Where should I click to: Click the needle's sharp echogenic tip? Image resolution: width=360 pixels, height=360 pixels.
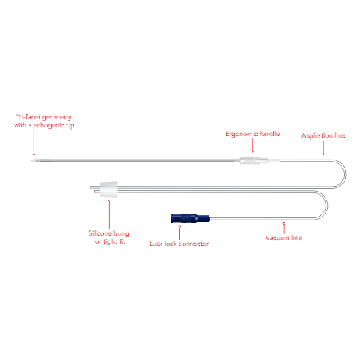pos(31,160)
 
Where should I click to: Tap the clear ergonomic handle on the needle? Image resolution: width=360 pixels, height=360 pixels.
pos(254,160)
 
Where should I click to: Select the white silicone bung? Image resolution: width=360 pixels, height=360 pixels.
pos(109,190)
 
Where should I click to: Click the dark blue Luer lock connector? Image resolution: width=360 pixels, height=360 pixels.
pos(190,218)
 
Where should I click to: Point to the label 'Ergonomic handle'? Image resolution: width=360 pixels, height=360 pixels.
pos(252,134)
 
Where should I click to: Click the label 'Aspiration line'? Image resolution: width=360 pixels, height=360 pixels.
pos(323,135)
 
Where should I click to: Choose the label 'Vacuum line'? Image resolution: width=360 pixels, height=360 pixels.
pos(284,238)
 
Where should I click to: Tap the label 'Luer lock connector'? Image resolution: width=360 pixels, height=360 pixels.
pos(179,244)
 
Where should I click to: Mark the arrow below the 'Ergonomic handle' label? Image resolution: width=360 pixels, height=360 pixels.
pos(252,146)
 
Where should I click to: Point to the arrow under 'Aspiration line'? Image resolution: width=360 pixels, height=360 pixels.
pos(323,148)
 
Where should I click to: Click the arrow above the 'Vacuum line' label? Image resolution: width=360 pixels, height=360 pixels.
pos(284,228)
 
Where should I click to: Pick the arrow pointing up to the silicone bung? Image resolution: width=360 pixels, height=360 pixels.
pos(109,214)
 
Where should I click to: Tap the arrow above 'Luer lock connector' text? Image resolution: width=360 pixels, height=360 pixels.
pos(179,233)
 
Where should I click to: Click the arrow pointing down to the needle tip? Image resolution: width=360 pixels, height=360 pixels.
pos(34,142)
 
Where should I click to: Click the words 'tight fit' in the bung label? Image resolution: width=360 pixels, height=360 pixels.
pos(114,241)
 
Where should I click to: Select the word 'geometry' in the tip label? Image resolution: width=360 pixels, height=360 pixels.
pos(57,118)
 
